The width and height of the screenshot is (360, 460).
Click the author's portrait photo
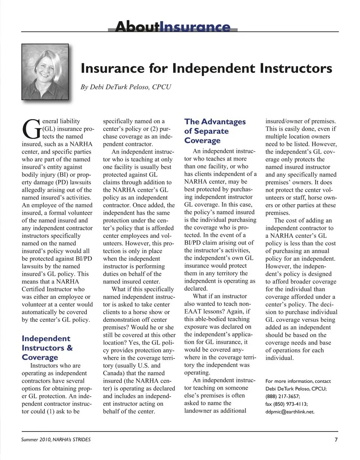45,72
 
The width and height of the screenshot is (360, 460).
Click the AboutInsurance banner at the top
172,27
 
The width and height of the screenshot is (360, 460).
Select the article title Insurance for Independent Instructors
206,69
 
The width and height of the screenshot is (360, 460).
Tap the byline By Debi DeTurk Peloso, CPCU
126,87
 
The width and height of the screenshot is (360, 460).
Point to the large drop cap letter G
32,129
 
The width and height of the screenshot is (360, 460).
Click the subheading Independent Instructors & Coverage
47,348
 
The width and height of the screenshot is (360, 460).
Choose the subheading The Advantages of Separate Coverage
215,131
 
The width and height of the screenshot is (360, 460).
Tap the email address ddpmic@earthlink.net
290,411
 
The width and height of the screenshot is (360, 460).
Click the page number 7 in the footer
336,440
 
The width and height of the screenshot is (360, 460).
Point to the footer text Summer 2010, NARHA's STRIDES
55,440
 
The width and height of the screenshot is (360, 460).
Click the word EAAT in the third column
195,312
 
